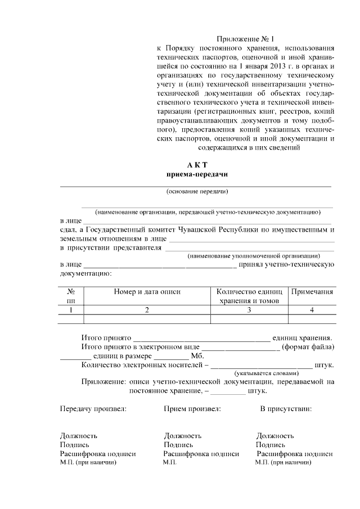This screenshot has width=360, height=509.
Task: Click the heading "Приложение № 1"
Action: pyautogui.click(x=246, y=39)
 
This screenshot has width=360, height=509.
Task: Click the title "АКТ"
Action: pyautogui.click(x=197, y=165)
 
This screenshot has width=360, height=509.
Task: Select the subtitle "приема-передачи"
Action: pyautogui.click(x=197, y=175)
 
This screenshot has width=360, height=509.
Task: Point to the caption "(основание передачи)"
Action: pyautogui.click(x=197, y=192)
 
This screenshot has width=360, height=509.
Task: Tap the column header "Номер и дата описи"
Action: pyautogui.click(x=147, y=292)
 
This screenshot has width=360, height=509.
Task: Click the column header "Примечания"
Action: pyautogui.click(x=312, y=292)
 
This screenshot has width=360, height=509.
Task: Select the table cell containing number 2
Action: pyautogui.click(x=147, y=310)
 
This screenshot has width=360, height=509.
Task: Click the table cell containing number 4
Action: pyautogui.click(x=312, y=310)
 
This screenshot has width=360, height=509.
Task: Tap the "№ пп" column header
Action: pyautogui.click(x=71, y=296)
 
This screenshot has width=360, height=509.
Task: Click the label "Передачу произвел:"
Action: pyautogui.click(x=93, y=408)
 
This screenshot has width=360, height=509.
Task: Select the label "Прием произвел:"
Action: pyautogui.click(x=192, y=408)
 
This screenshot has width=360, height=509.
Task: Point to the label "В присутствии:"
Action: pyautogui.click(x=286, y=408)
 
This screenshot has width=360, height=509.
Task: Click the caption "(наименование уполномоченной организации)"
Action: pyautogui.click(x=254, y=255)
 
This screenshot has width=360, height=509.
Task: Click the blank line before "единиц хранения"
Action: pyautogui.click(x=201, y=339)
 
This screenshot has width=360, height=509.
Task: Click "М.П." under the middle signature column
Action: pyautogui.click(x=169, y=462)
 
